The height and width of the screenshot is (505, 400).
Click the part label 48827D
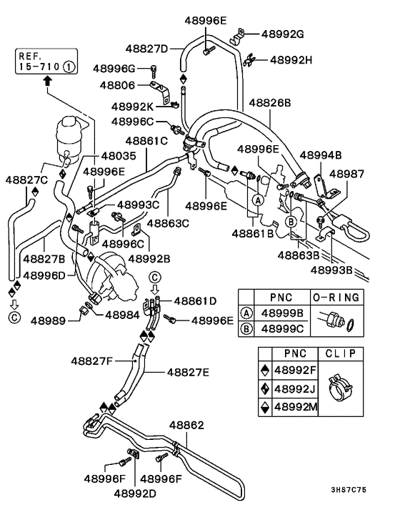(x=146, y=49)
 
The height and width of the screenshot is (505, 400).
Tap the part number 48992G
(x=283, y=34)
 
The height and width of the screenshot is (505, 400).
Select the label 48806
(x=117, y=85)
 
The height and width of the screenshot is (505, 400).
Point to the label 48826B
(x=270, y=103)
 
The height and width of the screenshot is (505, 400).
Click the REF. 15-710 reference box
(x=46, y=62)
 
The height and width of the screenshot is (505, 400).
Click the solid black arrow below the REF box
(x=48, y=81)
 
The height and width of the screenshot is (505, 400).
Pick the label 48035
(x=119, y=156)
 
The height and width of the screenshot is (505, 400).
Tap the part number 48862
(x=186, y=425)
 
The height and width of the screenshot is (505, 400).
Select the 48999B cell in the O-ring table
(x=282, y=313)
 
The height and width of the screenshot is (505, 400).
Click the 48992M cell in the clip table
(x=296, y=407)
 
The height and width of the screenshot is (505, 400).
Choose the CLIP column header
(x=341, y=353)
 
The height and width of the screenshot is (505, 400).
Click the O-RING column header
(x=336, y=298)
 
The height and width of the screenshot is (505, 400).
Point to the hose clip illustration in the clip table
(x=340, y=388)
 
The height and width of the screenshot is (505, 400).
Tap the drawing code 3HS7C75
(x=349, y=490)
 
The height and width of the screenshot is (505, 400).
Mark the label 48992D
(x=135, y=494)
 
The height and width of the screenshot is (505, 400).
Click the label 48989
(x=49, y=320)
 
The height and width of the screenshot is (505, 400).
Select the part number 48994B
(x=321, y=155)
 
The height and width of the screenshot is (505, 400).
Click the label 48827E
(x=188, y=372)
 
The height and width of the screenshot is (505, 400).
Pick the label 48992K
(x=132, y=107)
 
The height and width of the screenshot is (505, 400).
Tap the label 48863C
(x=168, y=223)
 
